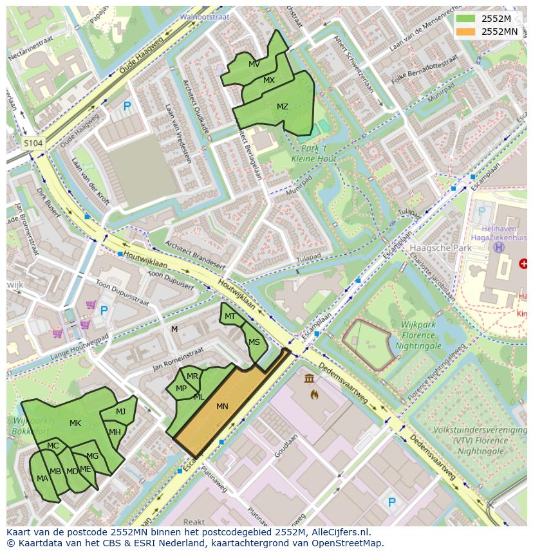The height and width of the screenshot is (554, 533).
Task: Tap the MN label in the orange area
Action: point(222,407)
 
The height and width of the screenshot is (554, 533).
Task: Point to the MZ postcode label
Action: point(282,107)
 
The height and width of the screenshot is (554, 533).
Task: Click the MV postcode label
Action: point(254,64)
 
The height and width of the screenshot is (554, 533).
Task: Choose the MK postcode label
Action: point(75,423)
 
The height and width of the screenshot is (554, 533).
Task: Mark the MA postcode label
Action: point(42,479)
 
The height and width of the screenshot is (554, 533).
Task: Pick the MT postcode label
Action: point(230,317)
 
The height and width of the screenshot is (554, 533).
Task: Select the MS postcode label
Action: point(254,342)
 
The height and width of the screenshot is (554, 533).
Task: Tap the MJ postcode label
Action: point(121,412)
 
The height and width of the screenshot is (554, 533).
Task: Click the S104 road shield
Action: point(33,143)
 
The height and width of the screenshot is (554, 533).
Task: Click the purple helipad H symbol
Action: point(498,247)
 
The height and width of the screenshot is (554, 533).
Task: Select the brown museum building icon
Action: point(310,378)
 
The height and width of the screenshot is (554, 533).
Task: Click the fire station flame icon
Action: point(314,394)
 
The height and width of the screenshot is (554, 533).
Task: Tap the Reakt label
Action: point(194,522)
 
